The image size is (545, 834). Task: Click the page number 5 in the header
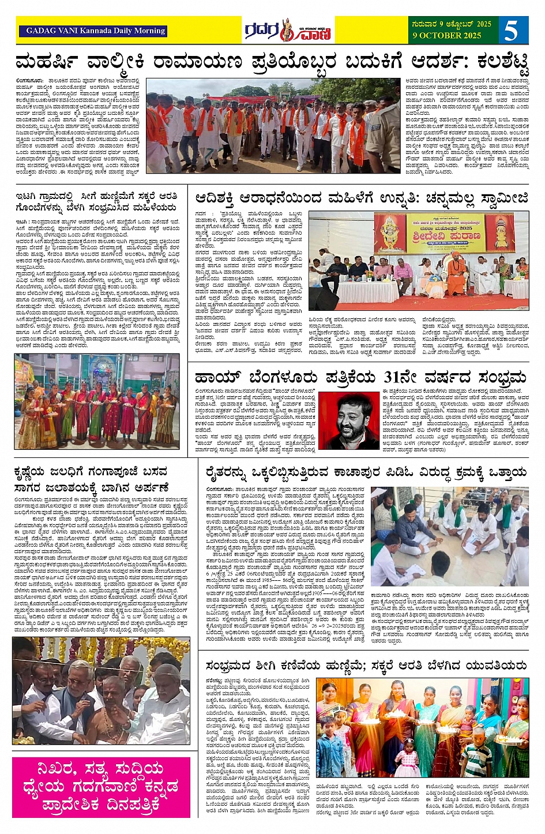[x=511, y=30]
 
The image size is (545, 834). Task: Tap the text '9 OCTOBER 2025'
[x=446, y=35]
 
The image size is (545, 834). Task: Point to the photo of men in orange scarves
[x=272, y=125]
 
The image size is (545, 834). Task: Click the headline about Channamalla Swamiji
[x=362, y=198]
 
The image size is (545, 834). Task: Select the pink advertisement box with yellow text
[x=101, y=787]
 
